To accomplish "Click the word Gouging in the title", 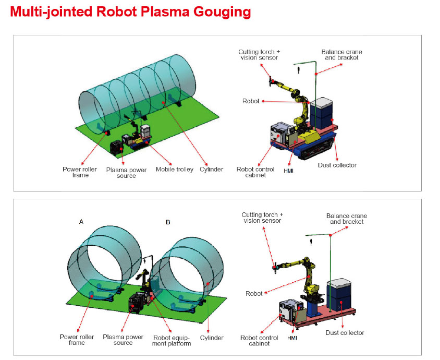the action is point(222,12).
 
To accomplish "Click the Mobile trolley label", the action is point(175,170).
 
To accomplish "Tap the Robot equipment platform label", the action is point(172,341).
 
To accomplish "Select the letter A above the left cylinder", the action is point(81,222).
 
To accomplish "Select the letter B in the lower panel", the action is point(168,222).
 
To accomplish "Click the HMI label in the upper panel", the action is point(288,171).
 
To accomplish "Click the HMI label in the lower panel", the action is point(292,338).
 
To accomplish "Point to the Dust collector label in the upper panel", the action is point(337,165).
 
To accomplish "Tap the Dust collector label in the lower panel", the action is point(345,333).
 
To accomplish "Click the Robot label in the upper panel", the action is point(251,101).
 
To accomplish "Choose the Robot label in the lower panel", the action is point(254,294).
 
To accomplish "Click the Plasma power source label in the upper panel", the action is point(126,173).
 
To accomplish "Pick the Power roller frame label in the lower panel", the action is point(77,340).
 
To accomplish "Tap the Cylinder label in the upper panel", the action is point(211,170).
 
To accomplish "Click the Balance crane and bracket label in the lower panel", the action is point(347,219).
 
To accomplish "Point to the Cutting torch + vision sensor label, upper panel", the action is point(259,55).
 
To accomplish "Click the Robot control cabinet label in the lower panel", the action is point(259,341).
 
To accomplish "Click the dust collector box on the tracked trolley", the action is point(322,113).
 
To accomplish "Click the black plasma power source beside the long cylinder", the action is point(117,148).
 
